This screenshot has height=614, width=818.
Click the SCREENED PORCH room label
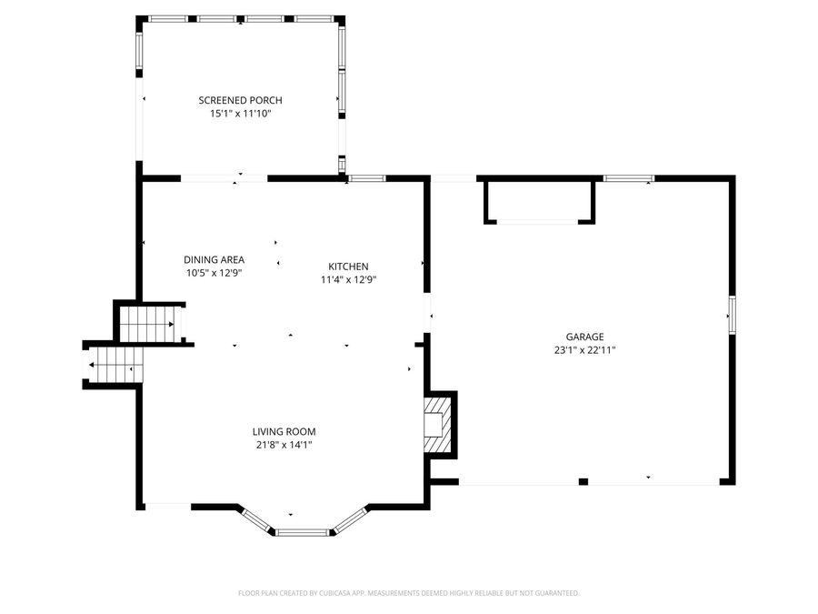240,100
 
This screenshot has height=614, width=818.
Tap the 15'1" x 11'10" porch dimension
240,114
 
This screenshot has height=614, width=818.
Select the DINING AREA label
214,259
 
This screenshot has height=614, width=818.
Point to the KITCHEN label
348,267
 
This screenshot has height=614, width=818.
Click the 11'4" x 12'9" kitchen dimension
348,280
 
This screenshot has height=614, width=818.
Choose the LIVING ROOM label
284,432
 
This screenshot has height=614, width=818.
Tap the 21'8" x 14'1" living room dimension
284,445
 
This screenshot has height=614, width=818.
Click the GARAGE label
584,337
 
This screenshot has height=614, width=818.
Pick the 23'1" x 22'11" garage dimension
584,350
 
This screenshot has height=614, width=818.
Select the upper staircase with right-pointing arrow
150,324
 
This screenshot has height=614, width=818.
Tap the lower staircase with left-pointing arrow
115,365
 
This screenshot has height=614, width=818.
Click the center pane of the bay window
303,532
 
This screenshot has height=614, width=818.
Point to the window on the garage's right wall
732,315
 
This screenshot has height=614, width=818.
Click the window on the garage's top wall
629,178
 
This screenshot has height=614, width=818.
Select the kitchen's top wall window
367,178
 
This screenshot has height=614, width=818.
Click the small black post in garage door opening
584,481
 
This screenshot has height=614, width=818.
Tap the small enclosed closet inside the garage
539,202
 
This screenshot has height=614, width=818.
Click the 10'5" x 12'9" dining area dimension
214,273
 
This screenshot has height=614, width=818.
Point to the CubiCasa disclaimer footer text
408,593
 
